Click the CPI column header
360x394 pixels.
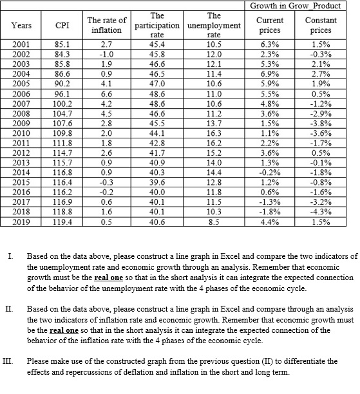62,26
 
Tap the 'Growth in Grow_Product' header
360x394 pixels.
303,6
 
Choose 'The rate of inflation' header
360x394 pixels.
106,26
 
